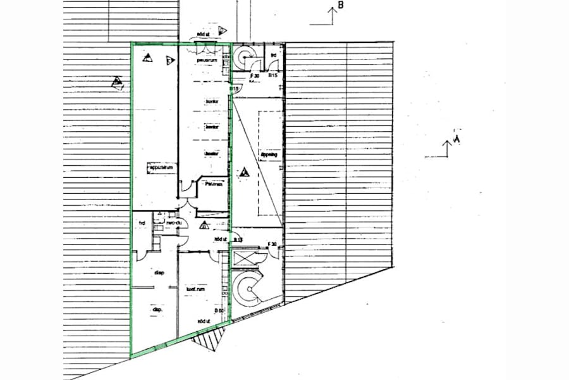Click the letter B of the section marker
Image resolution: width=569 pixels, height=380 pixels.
(340, 6)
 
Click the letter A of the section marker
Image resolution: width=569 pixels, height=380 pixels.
(456, 139)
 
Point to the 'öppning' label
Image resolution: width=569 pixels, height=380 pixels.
(269, 154)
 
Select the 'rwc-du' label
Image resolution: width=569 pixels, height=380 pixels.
(174, 222)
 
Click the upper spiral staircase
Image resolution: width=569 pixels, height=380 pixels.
(244, 60)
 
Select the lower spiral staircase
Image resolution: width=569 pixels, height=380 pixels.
(248, 291)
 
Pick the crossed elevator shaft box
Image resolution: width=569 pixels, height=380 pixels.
(246, 259)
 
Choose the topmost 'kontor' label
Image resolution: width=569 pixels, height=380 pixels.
(211, 101)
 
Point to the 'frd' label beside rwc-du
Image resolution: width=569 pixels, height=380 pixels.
(143, 223)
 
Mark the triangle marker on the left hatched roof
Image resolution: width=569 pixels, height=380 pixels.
(116, 82)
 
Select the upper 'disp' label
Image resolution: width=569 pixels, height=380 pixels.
(159, 273)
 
